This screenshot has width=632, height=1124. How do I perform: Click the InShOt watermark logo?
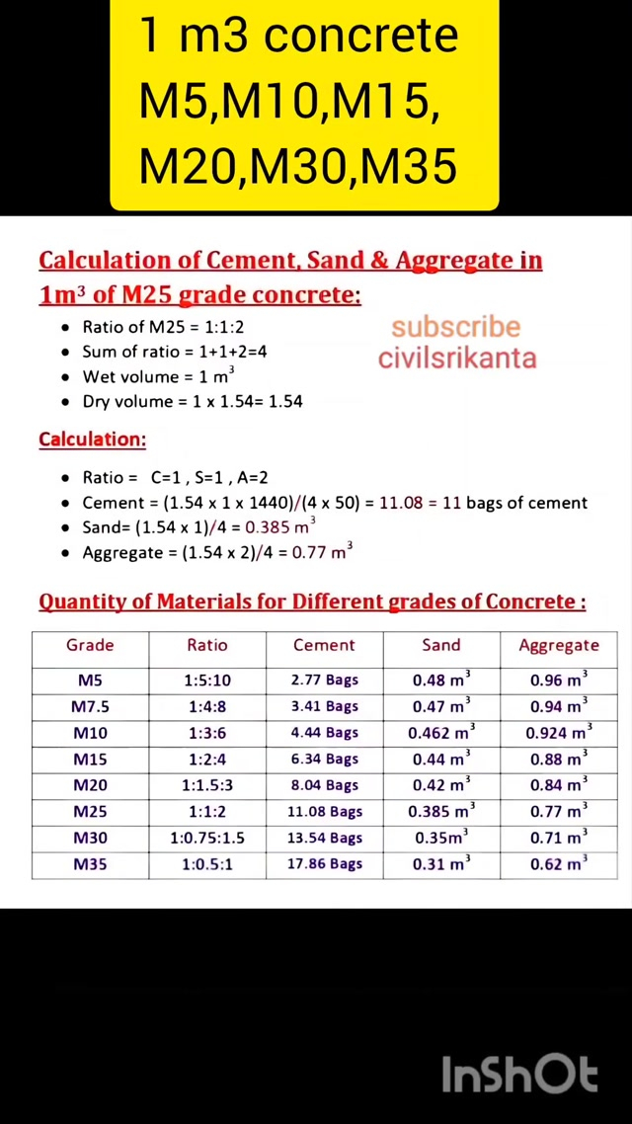(x=519, y=1075)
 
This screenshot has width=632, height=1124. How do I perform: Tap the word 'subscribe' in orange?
(x=455, y=327)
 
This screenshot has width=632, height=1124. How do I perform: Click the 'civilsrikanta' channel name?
(x=457, y=357)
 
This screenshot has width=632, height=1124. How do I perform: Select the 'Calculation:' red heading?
(x=92, y=440)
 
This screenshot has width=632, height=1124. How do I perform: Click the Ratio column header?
(x=206, y=645)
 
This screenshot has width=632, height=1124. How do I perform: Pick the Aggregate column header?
(x=559, y=645)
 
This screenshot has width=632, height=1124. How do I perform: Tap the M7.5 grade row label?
(x=90, y=706)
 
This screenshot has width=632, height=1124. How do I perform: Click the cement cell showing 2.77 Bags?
(x=324, y=680)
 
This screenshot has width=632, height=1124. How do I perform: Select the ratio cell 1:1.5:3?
(x=206, y=785)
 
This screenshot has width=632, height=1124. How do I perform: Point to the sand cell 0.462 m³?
(x=440, y=732)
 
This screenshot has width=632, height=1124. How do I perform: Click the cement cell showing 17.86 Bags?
(x=324, y=864)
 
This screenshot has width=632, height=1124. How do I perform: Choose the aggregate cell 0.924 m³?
(x=558, y=732)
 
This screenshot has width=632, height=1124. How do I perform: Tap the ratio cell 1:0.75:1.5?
(x=206, y=838)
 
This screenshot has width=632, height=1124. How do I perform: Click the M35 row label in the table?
(x=90, y=864)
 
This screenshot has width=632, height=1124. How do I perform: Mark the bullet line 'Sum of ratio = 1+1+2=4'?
(x=174, y=352)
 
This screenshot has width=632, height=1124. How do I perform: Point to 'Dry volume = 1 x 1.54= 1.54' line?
(x=192, y=402)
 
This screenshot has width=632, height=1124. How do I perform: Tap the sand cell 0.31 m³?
(x=440, y=864)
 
